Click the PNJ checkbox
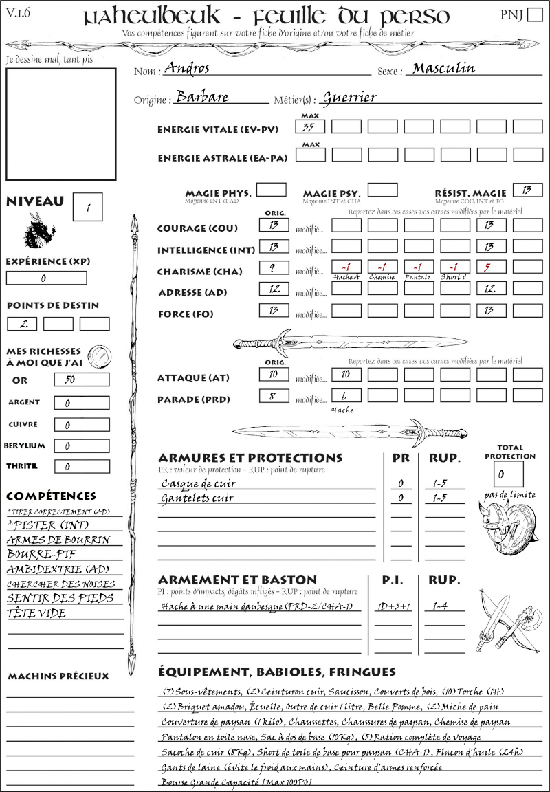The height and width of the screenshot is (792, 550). click(533, 16)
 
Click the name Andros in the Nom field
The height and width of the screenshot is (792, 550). click(186, 68)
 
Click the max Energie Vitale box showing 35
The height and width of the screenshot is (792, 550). click(311, 126)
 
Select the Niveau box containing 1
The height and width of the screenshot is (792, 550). click(88, 206)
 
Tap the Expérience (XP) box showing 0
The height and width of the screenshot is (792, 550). click(46, 278)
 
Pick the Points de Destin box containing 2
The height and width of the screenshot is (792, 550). click(22, 324)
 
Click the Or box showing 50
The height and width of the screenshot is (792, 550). click(81, 379)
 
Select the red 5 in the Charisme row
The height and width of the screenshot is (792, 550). click(491, 267)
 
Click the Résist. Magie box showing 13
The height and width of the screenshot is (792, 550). click(527, 190)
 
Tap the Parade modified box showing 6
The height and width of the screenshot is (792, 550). click(346, 396)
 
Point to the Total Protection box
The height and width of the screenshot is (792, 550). click(508, 474)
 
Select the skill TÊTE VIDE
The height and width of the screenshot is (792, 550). click(36, 613)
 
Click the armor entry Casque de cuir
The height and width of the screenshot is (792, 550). click(198, 483)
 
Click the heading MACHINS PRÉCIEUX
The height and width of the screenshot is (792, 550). click(58, 676)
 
